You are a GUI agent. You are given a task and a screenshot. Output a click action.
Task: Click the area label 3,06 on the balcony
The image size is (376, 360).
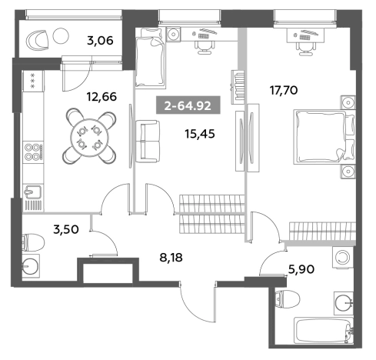[x=100, y=41]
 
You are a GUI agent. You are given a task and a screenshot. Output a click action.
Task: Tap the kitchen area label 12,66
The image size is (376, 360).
[x=101, y=97]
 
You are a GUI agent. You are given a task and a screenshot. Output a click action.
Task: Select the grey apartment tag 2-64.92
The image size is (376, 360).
[x=188, y=105]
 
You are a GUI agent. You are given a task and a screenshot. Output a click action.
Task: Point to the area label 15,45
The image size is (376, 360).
[x=200, y=134]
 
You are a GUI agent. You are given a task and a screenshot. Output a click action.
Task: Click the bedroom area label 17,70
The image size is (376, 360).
[x=284, y=90]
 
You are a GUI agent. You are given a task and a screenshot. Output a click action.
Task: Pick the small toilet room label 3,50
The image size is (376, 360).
[x=66, y=229]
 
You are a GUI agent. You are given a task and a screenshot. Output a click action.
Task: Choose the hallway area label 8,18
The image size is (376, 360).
[x=171, y=257]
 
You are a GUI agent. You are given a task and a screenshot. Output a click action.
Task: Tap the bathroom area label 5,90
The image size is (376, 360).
[x=301, y=269]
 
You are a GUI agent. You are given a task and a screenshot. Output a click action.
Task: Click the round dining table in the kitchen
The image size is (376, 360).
[x=90, y=136]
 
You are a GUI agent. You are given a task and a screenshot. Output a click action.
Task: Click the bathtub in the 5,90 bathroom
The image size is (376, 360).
[x=324, y=330]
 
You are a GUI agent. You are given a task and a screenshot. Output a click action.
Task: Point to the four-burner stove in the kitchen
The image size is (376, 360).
[x=33, y=152]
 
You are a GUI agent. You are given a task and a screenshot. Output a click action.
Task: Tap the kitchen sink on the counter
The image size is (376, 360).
[x=33, y=192]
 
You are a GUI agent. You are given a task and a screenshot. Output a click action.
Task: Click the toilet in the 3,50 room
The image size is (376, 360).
[x=33, y=242]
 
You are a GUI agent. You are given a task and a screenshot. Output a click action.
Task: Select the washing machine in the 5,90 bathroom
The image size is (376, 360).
[x=343, y=257]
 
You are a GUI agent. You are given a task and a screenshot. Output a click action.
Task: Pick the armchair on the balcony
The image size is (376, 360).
[x=37, y=40]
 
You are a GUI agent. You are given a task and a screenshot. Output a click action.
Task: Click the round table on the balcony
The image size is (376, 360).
[x=61, y=35]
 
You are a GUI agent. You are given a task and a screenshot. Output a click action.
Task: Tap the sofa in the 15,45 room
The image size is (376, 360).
[x=148, y=142]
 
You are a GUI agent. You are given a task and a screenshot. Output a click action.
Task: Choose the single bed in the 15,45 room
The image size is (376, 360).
[x=150, y=58]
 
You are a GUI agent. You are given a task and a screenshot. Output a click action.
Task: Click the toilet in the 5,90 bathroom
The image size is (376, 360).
[x=287, y=298]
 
